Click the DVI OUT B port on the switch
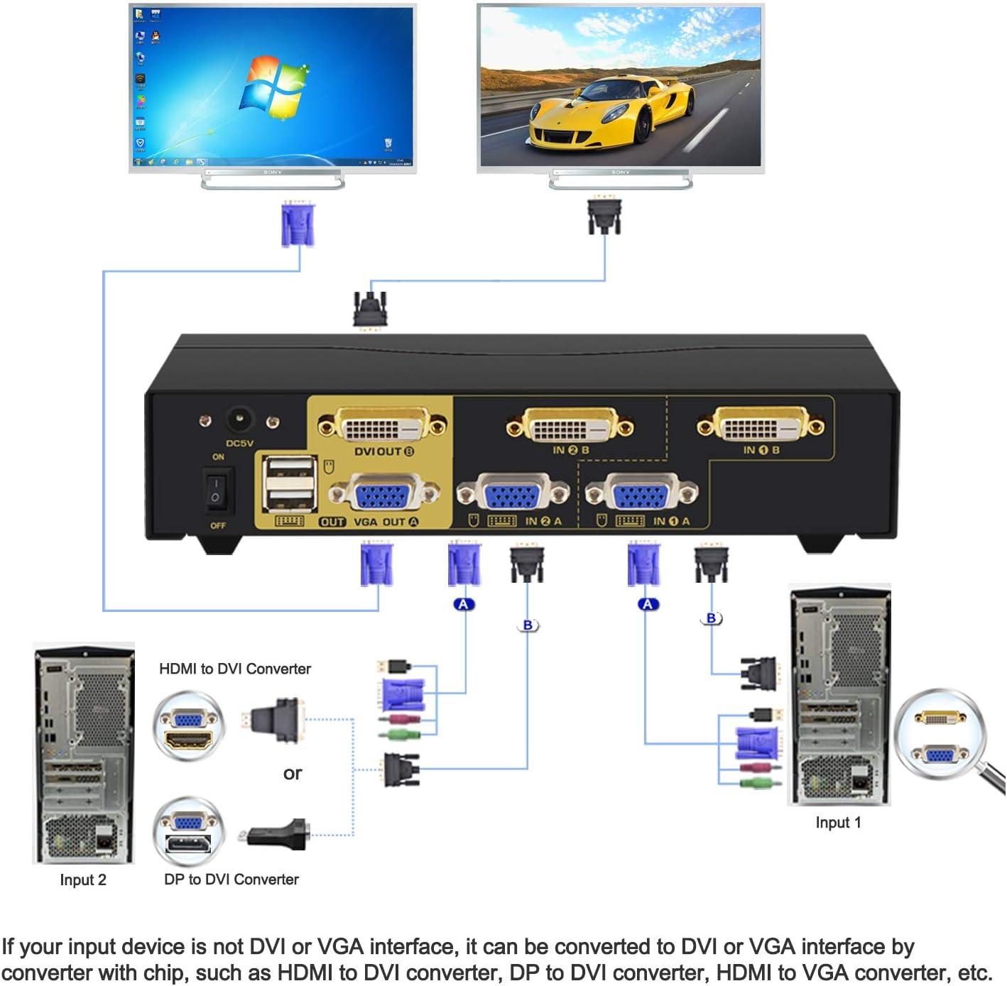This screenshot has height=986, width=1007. [382, 427]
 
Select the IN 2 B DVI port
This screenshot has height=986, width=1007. [570, 427]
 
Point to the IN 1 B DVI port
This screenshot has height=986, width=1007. [761, 426]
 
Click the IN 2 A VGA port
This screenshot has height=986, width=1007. [513, 493]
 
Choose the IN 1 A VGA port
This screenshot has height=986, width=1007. [641, 493]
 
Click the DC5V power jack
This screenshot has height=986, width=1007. [239, 420]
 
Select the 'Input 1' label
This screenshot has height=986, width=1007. [838, 823]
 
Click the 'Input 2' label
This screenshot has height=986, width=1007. [83, 880]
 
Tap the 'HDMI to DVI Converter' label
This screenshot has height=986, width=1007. [235, 669]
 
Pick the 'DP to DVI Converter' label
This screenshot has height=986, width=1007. [232, 880]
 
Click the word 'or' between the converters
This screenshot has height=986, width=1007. [293, 773]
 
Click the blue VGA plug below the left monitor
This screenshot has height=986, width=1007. [298, 224]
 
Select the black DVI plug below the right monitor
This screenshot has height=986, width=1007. [604, 216]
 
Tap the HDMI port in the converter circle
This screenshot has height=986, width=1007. [187, 741]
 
